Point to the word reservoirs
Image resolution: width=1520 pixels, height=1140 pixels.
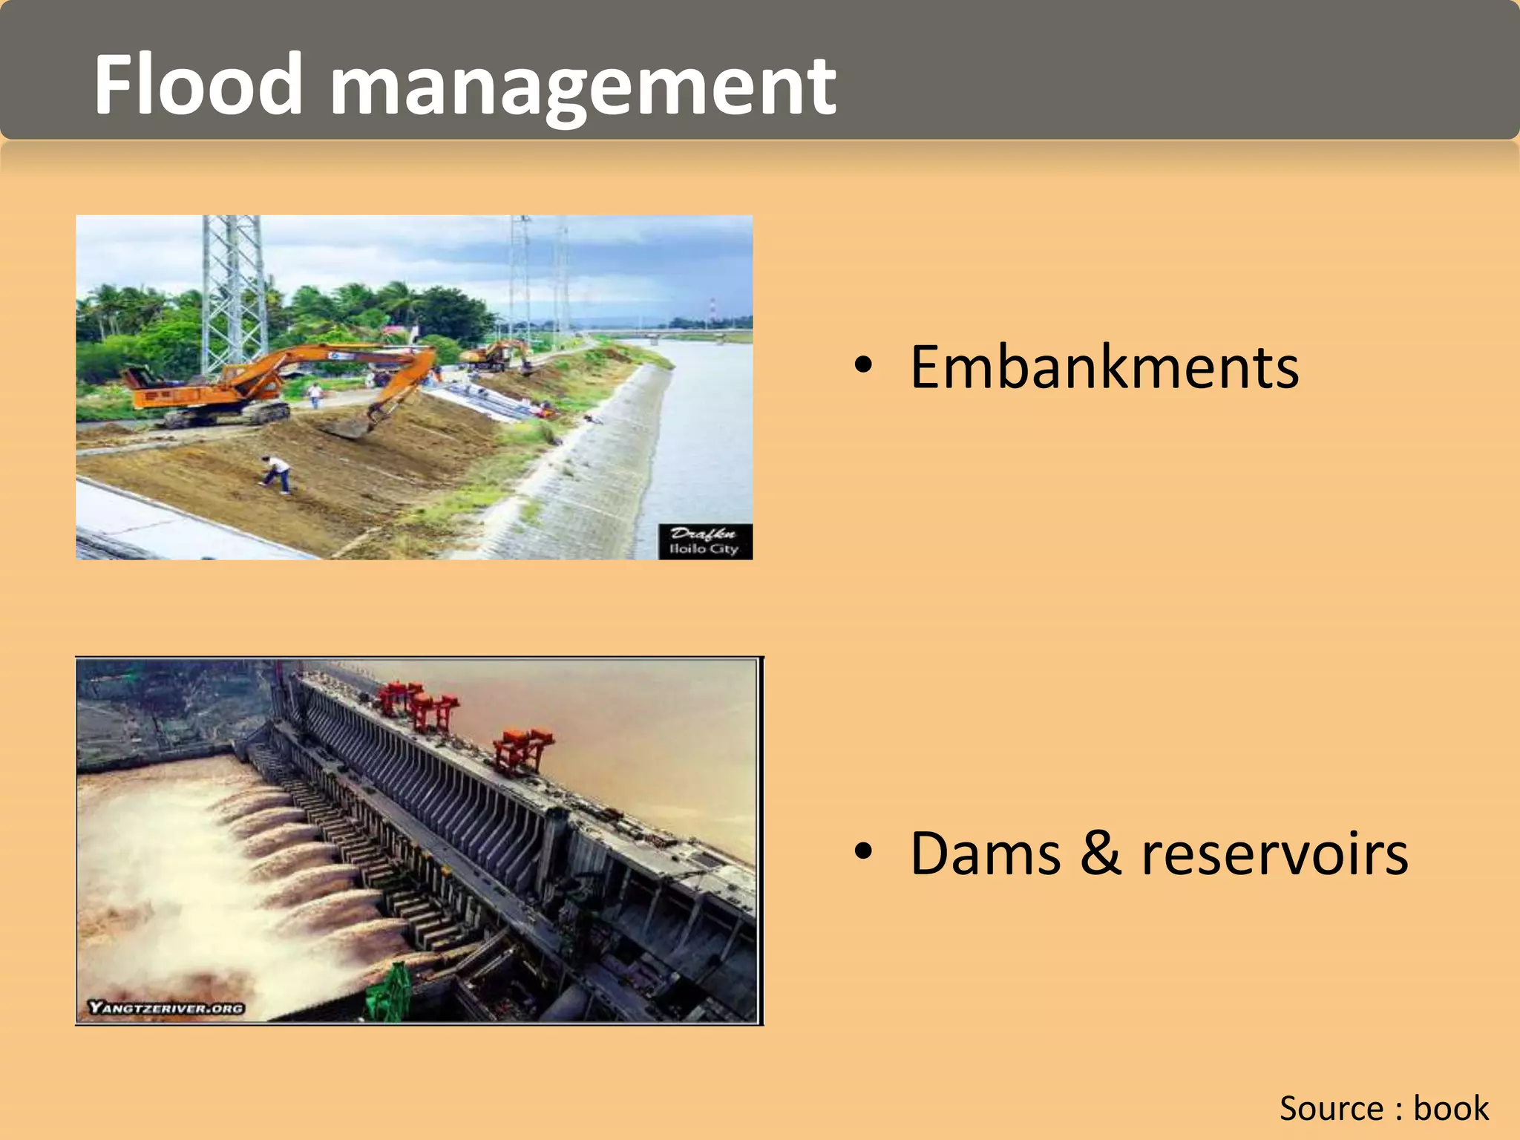click(x=1274, y=854)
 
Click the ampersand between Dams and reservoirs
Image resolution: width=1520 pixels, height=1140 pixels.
click(x=1100, y=854)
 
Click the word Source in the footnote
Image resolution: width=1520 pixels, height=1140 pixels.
click(x=1331, y=1108)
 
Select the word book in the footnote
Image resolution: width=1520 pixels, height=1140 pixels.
click(x=1451, y=1108)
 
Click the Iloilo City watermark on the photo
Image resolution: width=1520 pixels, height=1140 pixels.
click(x=705, y=542)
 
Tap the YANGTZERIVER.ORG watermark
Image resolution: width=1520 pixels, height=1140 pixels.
click(x=166, y=1007)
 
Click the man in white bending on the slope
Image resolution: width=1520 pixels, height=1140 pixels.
click(x=276, y=474)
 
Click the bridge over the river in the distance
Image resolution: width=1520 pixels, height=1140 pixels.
click(x=683, y=334)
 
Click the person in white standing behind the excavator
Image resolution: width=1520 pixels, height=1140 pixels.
click(x=315, y=394)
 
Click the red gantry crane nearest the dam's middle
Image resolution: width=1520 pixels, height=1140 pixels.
click(x=522, y=750)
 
